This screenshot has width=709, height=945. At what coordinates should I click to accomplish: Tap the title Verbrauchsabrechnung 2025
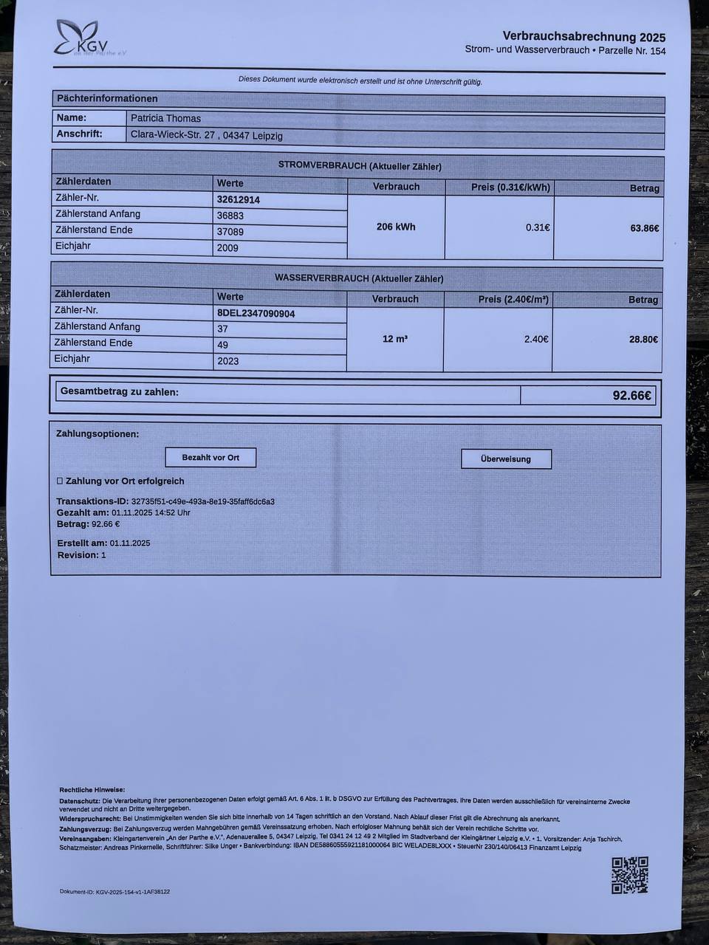[x=583, y=36]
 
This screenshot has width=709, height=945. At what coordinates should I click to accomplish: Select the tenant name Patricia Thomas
[x=165, y=118]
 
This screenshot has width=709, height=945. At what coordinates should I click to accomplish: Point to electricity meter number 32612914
[x=238, y=199]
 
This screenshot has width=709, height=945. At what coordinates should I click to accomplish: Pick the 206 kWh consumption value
[x=396, y=227]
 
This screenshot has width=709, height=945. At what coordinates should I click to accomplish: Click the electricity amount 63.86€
[x=644, y=228]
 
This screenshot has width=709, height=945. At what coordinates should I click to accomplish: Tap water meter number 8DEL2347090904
[x=256, y=313]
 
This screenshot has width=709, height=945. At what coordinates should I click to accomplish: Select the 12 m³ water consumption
[x=395, y=339]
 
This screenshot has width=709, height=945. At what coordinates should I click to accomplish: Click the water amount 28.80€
[x=643, y=340]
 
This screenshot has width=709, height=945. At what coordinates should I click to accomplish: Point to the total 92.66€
[x=632, y=395]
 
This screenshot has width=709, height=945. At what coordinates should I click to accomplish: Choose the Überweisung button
[x=506, y=458]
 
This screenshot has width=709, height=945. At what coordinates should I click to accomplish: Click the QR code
[x=630, y=875]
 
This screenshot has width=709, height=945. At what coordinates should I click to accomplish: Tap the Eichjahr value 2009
[x=227, y=248]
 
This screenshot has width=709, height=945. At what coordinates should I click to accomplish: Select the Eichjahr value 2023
[x=227, y=361]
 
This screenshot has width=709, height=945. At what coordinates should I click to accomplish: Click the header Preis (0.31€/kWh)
[x=510, y=187]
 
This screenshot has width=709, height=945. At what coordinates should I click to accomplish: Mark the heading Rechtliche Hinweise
[x=92, y=790]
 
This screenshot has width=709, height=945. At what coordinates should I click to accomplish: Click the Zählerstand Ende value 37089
[x=230, y=232]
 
